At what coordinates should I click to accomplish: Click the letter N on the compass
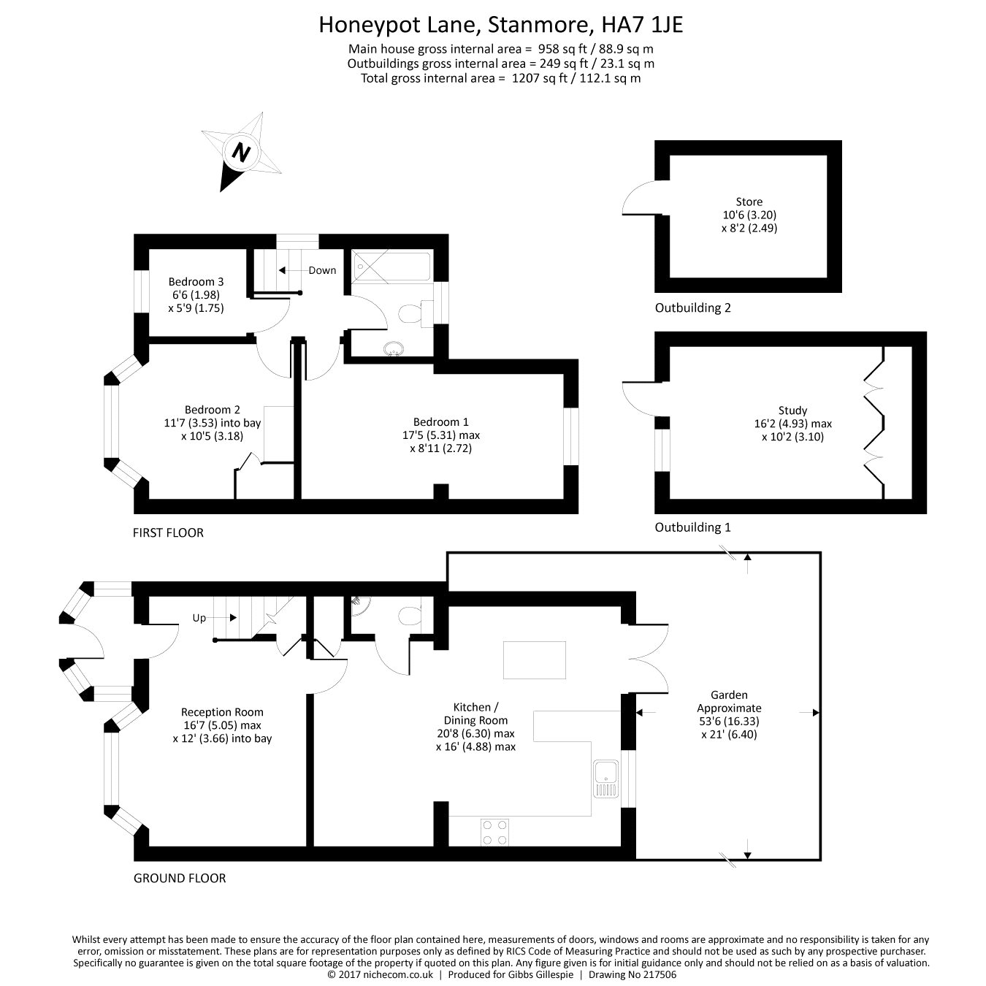pyautogui.click(x=241, y=153)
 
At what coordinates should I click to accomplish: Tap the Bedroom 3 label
pyautogui.click(x=196, y=282)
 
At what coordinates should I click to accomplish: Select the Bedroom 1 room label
pyautogui.click(x=440, y=422)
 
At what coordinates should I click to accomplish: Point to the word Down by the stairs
pyautogui.click(x=322, y=270)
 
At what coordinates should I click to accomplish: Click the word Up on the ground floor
pyautogui.click(x=199, y=618)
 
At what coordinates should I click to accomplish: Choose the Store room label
pyautogui.click(x=749, y=202)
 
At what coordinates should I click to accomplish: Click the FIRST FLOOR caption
pyautogui.click(x=168, y=532)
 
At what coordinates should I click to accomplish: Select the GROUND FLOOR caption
pyautogui.click(x=180, y=878)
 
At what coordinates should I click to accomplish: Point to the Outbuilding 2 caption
pyautogui.click(x=692, y=307)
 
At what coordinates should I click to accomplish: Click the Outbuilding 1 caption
pyautogui.click(x=692, y=527)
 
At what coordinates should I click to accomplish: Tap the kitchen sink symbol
pyautogui.click(x=606, y=779)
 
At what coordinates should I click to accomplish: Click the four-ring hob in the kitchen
pyautogui.click(x=494, y=831)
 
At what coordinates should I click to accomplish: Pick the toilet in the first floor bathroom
pyautogui.click(x=413, y=314)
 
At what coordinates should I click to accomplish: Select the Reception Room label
pyautogui.click(x=222, y=712)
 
